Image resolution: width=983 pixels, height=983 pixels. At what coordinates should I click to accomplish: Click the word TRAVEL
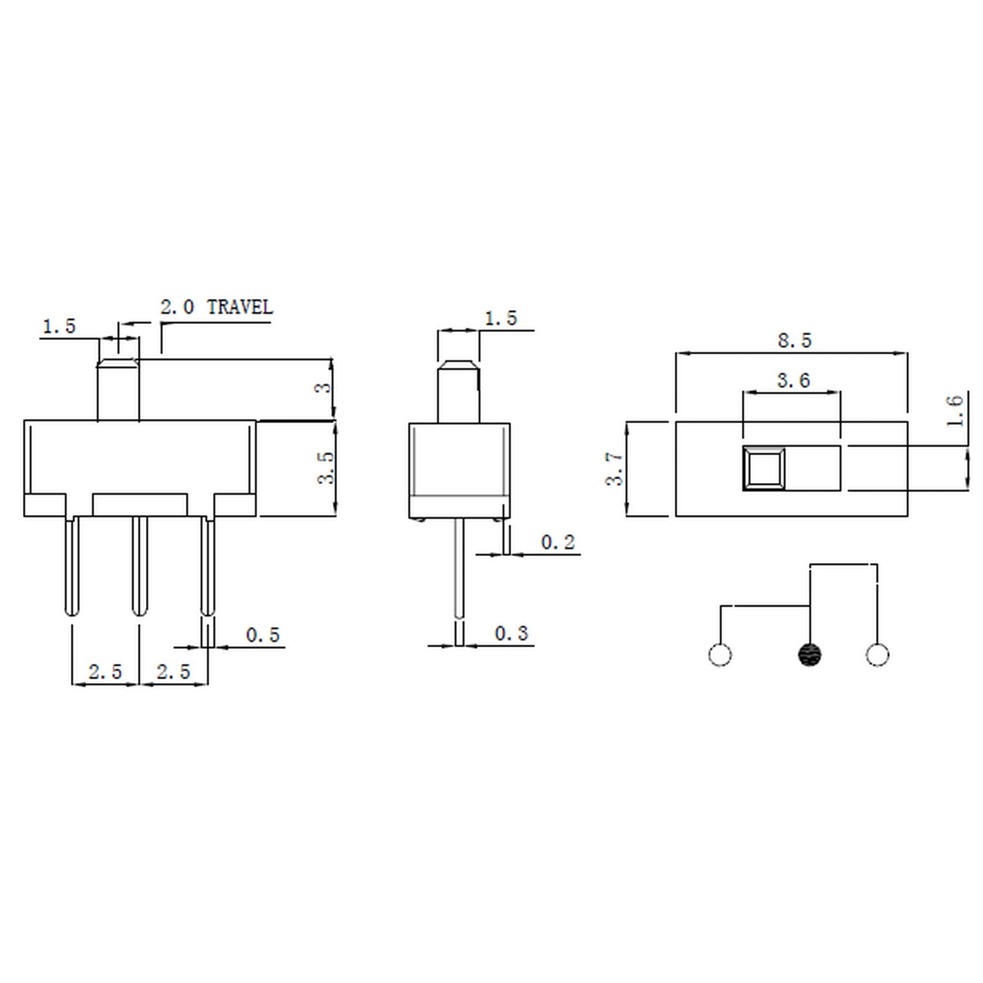coord(240,307)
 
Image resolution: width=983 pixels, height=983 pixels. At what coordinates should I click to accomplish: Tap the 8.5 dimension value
coord(795,341)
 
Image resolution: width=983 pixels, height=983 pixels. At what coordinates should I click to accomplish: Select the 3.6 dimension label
coord(793,380)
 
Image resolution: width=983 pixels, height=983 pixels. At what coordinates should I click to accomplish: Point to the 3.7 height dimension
coord(615,468)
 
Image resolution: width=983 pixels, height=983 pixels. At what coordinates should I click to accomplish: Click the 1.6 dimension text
coord(955,410)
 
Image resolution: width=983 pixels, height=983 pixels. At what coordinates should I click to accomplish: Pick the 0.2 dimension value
coord(558,543)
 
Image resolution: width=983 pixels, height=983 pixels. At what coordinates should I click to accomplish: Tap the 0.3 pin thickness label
coord(511,634)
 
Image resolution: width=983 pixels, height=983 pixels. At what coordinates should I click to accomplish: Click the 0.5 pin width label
coord(262,635)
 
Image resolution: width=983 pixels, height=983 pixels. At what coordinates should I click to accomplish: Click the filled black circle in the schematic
coord(809,655)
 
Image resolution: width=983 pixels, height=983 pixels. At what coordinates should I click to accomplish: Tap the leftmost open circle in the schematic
coord(720,655)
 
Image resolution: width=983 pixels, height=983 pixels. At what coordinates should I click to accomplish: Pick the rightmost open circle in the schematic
coord(877,655)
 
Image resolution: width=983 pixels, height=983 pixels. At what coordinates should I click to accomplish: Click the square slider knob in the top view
coord(763,468)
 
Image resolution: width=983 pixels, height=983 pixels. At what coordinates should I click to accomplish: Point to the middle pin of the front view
coord(140,565)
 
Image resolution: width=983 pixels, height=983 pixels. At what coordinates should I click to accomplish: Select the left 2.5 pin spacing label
coord(105,672)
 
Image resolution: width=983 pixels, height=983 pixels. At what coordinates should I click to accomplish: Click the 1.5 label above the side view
coord(501,319)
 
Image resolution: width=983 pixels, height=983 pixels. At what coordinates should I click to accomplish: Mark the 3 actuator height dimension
coord(323,388)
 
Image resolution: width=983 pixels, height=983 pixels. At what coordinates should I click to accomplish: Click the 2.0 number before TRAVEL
coord(177,307)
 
